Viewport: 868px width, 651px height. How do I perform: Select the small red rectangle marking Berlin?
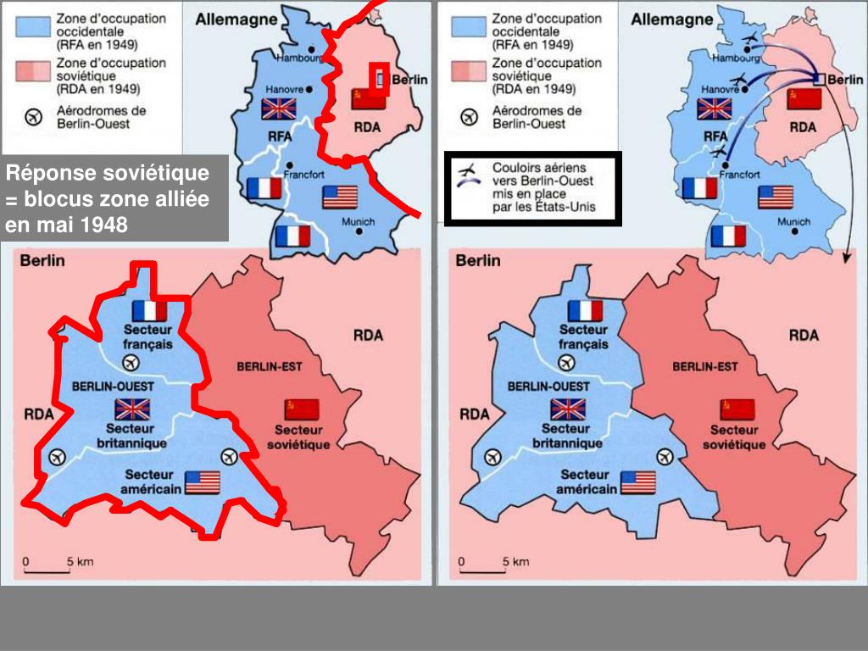381,75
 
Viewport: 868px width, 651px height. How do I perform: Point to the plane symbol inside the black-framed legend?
467,177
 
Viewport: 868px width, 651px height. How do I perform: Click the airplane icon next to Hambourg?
749,42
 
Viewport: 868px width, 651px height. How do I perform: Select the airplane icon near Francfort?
720,151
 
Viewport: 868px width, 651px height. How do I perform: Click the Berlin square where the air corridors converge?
819,80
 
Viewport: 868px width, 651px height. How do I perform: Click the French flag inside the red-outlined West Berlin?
150,310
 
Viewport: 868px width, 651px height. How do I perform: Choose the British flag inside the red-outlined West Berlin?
132,409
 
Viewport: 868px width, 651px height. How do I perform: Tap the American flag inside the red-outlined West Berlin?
203,482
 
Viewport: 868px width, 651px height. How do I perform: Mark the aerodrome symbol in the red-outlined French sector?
130,363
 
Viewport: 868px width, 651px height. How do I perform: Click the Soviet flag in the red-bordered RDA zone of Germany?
368,99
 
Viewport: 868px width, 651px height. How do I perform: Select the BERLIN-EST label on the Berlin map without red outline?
704,367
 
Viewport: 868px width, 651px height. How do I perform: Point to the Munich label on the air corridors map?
793,222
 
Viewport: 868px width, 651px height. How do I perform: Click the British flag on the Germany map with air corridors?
714,108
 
